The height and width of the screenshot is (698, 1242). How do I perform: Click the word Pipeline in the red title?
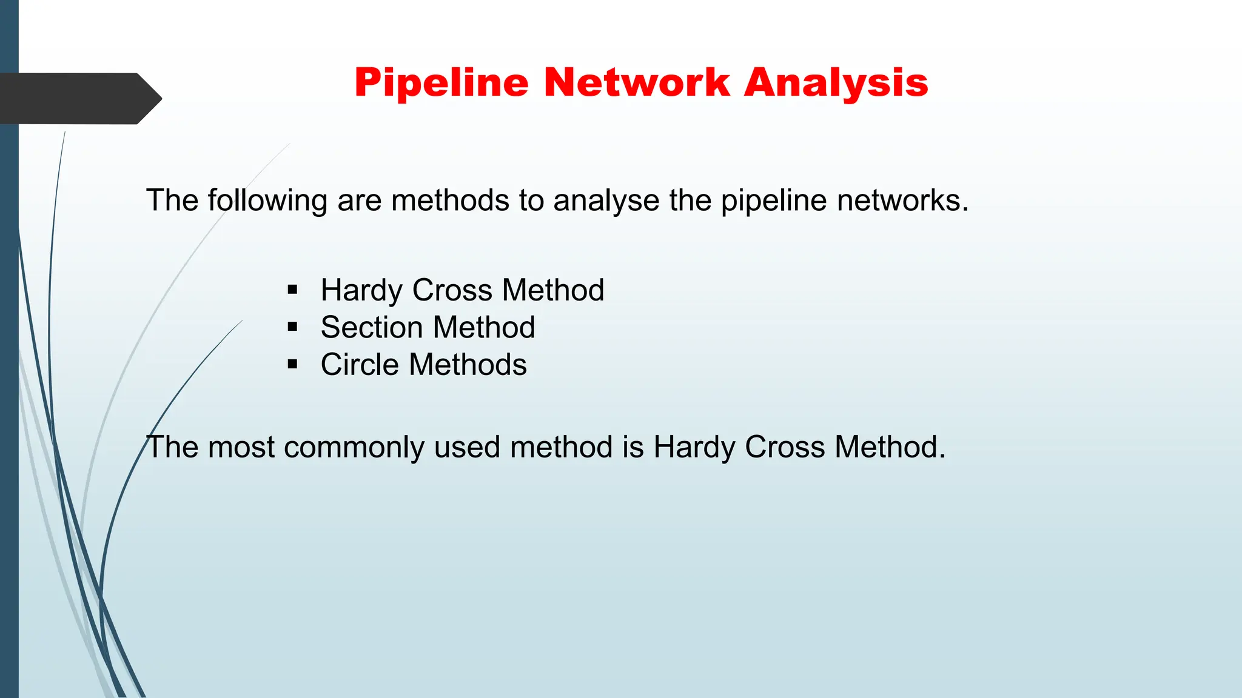pyautogui.click(x=441, y=82)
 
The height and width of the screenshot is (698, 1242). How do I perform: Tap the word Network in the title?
pyautogui.click(x=637, y=82)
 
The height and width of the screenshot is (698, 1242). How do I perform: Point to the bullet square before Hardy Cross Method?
pyautogui.click(x=293, y=290)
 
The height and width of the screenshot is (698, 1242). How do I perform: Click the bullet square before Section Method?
pyautogui.click(x=293, y=327)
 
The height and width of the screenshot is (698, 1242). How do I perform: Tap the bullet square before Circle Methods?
pyautogui.click(x=293, y=365)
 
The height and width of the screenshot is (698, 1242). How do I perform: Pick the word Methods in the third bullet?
pyautogui.click(x=468, y=365)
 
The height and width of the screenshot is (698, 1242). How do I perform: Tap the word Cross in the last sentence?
pyautogui.click(x=785, y=447)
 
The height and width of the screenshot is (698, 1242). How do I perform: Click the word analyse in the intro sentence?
pyautogui.click(x=606, y=201)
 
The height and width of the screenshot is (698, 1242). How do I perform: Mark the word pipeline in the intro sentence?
pyautogui.click(x=774, y=201)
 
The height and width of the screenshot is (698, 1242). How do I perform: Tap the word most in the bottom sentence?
pyautogui.click(x=241, y=447)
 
